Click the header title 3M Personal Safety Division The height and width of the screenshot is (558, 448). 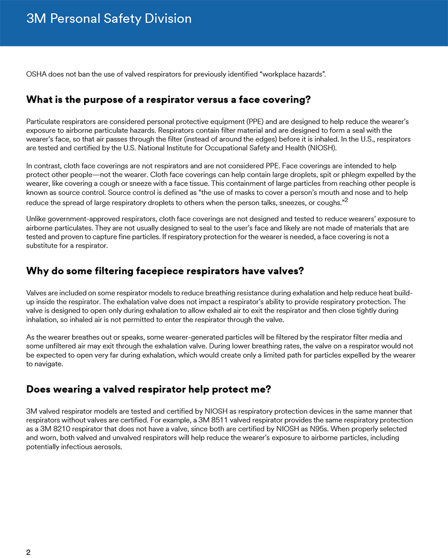(x=109, y=19)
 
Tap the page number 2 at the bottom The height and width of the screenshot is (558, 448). (x=29, y=552)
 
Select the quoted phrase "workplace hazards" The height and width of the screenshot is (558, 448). (x=294, y=75)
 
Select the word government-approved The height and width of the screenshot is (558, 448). (x=81, y=219)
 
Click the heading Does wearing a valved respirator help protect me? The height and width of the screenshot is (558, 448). (x=149, y=390)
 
